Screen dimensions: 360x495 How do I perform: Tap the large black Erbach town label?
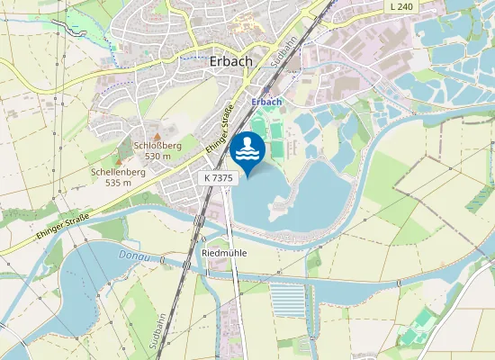229,62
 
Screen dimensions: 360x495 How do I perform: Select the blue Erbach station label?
266,102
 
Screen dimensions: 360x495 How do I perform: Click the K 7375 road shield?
219,178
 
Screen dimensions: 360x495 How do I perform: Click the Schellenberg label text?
118,171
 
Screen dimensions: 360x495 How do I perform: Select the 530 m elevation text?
157,156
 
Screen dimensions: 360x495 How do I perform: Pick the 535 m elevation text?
118,182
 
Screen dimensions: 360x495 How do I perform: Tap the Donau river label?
131,256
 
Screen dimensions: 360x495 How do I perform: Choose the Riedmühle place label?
225,253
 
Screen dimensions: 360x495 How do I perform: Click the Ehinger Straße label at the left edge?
63,223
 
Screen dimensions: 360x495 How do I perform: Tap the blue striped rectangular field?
288,301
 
